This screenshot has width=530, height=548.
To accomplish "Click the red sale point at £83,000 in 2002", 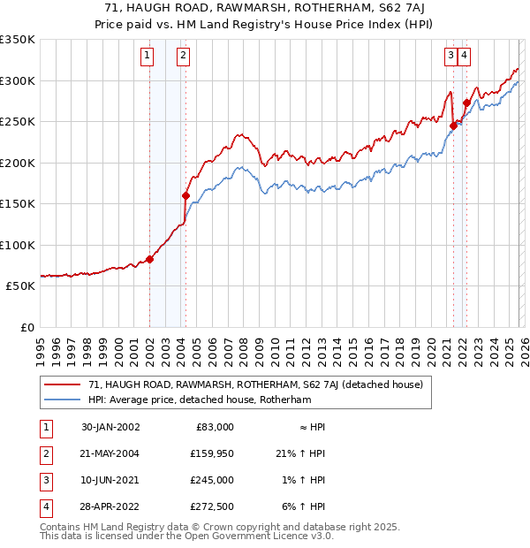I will pyautogui.click(x=150, y=259).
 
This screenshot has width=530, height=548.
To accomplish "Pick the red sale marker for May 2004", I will pyautogui.click(x=185, y=195).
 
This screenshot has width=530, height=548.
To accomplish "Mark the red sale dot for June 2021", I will pyautogui.click(x=453, y=126).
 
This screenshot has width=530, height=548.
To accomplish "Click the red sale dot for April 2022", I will pyautogui.click(x=466, y=103).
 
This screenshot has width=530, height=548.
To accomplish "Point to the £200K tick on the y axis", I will pyautogui.click(x=18, y=163).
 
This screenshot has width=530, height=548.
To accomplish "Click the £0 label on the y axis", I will pyautogui.click(x=28, y=328).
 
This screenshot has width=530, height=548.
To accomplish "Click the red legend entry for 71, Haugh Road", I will pyautogui.click(x=255, y=384).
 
